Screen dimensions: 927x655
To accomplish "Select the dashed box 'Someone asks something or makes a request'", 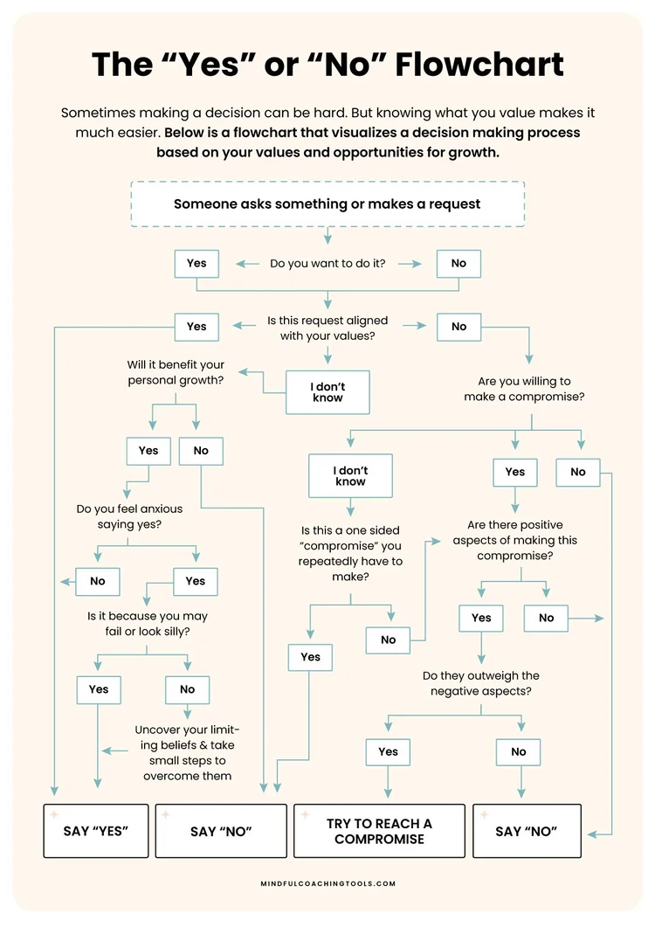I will point(327,204).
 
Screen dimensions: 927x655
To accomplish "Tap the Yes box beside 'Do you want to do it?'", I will point(196,263).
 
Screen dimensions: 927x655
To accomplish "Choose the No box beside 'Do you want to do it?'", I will point(458,263).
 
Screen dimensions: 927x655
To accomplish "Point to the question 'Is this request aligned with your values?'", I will point(327,328).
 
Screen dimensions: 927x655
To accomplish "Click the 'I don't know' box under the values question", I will point(328,391).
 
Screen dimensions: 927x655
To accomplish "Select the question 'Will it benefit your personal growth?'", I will point(176,372).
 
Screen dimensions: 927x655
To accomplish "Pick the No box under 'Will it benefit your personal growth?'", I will point(201,451).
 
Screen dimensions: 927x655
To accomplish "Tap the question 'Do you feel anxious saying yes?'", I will point(128,516).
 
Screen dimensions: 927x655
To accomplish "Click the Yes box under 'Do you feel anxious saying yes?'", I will point(196,581).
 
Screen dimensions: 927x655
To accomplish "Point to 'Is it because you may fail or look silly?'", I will point(147,624).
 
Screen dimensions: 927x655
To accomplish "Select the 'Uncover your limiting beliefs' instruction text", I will point(187,752).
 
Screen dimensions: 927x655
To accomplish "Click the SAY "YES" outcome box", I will point(96,831).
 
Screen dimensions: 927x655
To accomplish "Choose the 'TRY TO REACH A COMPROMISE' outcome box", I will point(379,831).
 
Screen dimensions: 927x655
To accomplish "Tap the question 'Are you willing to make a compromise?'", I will point(531,389).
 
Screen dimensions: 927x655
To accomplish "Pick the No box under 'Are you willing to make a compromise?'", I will point(578,472).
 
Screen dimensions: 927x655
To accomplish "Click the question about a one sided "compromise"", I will point(350,554).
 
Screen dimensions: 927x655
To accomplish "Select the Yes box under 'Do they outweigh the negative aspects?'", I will point(389,751).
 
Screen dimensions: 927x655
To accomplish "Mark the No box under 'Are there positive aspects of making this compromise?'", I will point(547,618).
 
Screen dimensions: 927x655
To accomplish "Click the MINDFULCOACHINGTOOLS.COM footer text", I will point(327,883).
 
